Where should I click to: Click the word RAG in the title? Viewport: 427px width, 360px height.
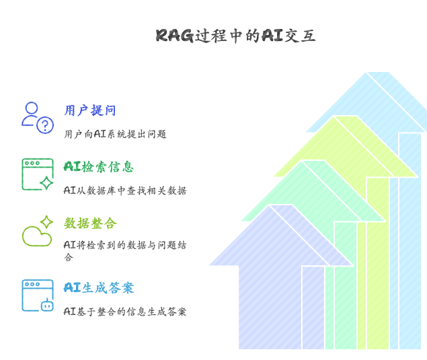(174, 36)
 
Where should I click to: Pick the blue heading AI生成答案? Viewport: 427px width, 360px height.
(98, 287)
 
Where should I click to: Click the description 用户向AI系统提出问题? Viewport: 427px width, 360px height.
(115, 134)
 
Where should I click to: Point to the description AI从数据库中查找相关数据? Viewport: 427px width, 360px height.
(125, 190)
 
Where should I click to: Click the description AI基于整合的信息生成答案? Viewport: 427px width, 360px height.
(125, 312)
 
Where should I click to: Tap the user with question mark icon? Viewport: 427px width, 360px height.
(37, 118)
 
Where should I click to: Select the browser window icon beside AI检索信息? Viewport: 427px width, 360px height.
(37, 174)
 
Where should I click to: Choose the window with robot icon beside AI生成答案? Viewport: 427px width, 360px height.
(37, 295)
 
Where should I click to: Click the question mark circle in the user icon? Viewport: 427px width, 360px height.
(45, 125)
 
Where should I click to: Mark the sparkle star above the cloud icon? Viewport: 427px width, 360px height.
(46, 222)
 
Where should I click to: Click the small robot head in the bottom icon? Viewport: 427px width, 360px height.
(47, 305)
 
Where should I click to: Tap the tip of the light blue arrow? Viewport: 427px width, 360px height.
(367, 74)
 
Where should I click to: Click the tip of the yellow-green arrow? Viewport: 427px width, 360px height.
(334, 118)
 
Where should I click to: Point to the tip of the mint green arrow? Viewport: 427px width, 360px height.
(303, 163)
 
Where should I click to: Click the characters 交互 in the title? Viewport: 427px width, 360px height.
(300, 36)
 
